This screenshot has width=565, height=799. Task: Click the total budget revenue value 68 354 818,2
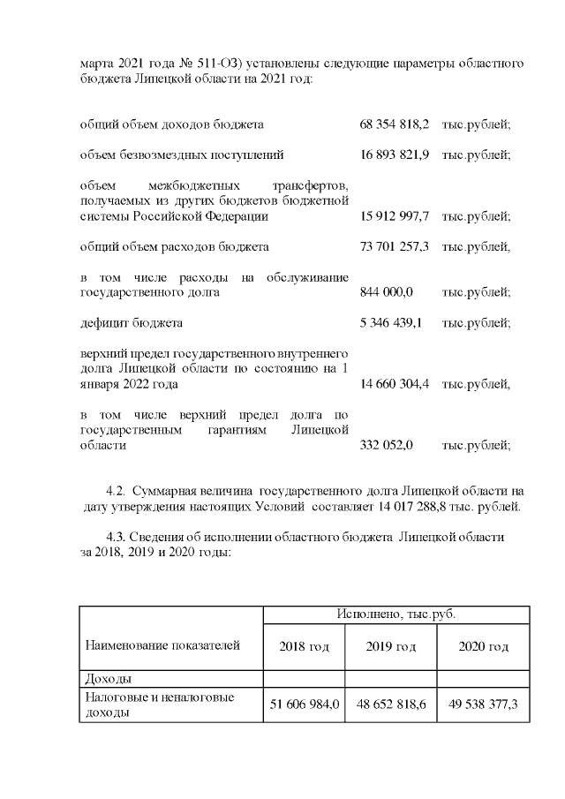click(395, 124)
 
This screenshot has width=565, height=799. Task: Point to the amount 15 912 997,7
click(395, 215)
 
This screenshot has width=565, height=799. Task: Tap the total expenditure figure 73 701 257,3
click(395, 246)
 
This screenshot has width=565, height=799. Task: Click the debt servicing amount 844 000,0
click(387, 291)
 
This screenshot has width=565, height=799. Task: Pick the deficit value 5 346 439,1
click(391, 322)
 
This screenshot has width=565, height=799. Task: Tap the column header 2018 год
click(304, 646)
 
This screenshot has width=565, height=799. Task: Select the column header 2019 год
click(390, 646)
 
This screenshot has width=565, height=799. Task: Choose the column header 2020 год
click(483, 646)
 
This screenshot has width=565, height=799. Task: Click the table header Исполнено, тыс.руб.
click(395, 614)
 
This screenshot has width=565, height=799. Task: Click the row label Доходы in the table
click(108, 679)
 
